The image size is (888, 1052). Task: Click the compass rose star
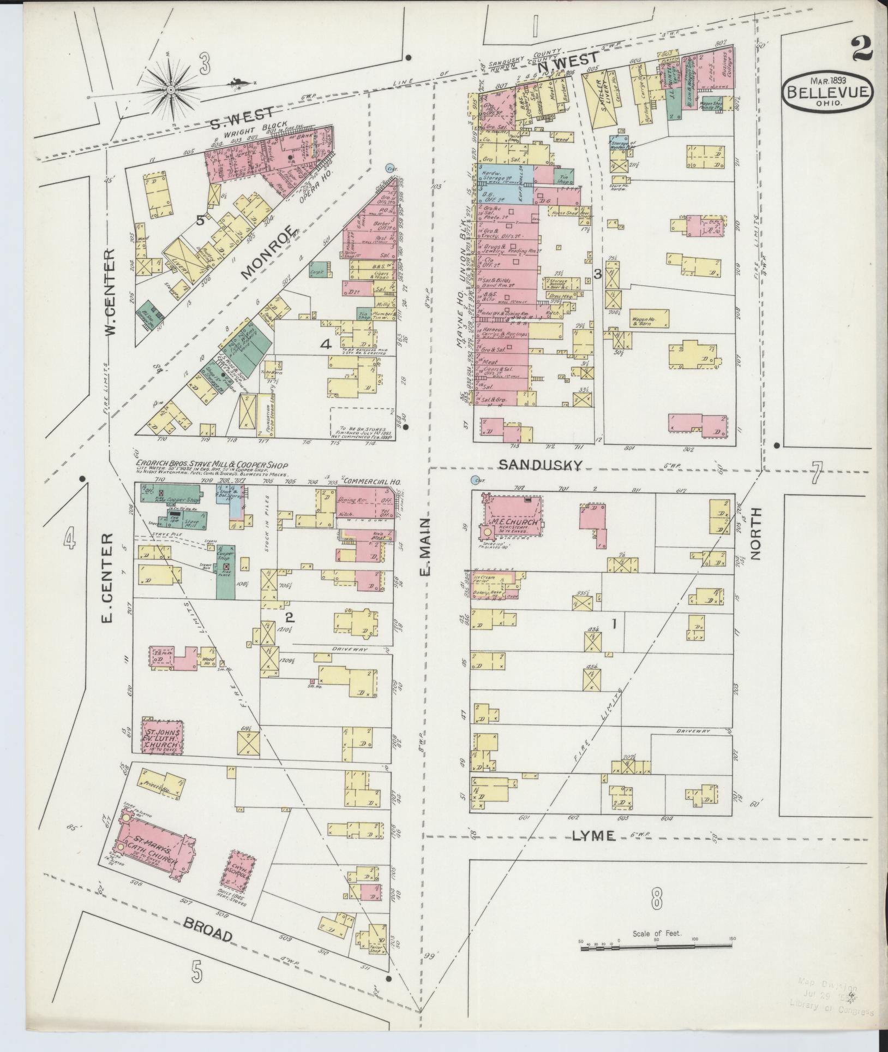click(171, 89)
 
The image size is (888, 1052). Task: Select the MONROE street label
click(268, 252)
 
